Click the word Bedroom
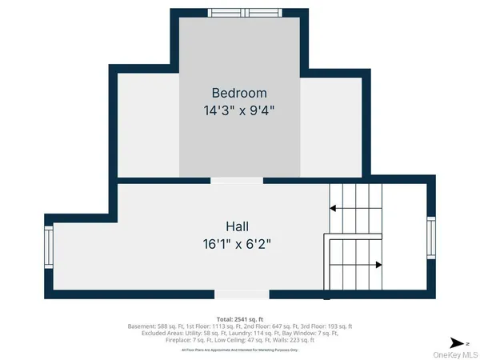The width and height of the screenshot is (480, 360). click(238, 93)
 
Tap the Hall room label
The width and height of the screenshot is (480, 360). click(238, 226)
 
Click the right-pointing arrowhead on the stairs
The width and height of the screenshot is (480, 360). click(378, 264)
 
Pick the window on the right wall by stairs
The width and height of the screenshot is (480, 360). click(431, 239)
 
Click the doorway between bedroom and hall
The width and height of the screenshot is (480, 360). click(237, 181)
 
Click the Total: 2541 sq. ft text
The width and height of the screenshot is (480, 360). click(239, 318)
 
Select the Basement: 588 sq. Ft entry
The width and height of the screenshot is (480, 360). click(155, 326)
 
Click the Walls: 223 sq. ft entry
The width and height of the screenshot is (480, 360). click(294, 340)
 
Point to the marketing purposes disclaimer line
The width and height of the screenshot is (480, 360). click(239, 350)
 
